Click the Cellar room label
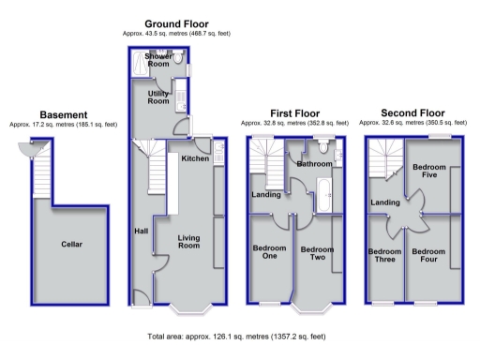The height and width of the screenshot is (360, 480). coord(72,244)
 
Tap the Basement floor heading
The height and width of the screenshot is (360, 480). coord(64,114)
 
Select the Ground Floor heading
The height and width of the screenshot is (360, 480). coord(176,23)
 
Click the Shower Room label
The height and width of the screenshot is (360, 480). coord(158,61)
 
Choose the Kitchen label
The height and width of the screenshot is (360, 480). coord(194,158)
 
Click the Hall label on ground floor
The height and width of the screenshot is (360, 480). coord(141,231)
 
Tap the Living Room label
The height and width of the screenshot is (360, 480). coord(190,243)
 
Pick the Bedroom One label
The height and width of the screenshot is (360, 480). coord(269,253)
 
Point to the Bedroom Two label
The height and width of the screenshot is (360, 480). coord(317,253)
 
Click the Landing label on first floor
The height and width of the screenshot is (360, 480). coord(265,195)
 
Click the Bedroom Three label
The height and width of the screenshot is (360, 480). coord(385,256)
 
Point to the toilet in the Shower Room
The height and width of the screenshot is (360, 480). coord(178,58)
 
